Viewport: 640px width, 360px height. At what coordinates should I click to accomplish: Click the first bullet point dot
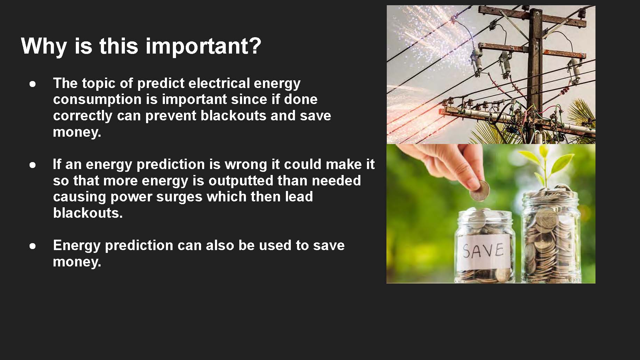coord(33,84)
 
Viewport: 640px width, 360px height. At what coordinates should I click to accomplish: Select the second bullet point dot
coord(33,165)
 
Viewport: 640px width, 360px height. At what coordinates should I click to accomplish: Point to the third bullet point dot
coord(33,246)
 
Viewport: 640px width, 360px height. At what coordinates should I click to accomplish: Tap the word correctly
coord(82,116)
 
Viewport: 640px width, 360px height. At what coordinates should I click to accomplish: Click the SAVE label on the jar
coord(483,251)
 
